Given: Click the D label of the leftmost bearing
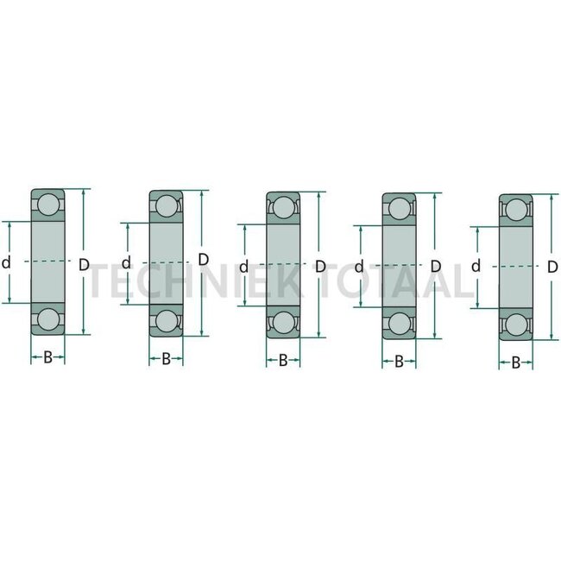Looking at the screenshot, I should (x=84, y=264).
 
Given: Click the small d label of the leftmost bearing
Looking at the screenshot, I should (x=6, y=264).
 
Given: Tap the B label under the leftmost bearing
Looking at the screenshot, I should (x=48, y=356).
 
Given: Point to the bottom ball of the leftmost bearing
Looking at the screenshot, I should (x=48, y=318).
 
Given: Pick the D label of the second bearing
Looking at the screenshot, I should (x=203, y=259).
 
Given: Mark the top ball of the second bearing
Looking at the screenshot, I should (x=166, y=205).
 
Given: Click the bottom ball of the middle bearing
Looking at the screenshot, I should (x=282, y=322).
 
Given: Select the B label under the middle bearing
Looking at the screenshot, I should (x=282, y=360).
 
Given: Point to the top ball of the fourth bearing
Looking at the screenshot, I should (x=399, y=208).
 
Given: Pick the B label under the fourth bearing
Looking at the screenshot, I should (x=399, y=361).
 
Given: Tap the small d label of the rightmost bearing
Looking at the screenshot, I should (x=476, y=266).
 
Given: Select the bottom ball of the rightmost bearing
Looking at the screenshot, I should (x=515, y=325).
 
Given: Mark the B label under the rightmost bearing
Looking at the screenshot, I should (x=515, y=363).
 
